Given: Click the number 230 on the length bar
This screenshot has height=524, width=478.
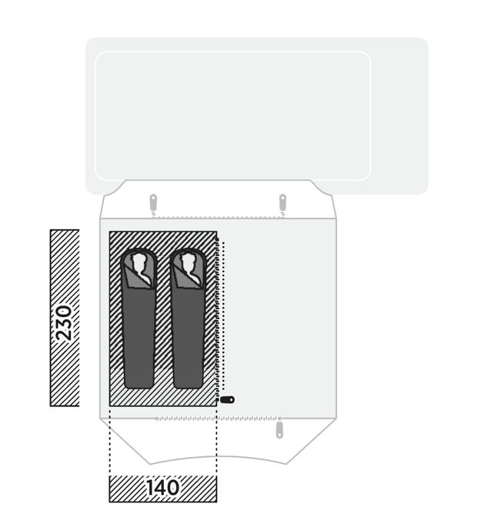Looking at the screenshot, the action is click(x=64, y=323).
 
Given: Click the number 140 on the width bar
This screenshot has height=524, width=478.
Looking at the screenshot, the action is click(x=162, y=488).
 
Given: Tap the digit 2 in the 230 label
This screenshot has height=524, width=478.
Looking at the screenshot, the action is click(x=64, y=335).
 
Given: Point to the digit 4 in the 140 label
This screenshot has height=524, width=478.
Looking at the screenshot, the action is click(x=161, y=488).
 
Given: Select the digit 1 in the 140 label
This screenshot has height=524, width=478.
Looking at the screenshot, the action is click(x=149, y=488).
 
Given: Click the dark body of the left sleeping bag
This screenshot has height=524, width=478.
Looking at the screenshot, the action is click(x=139, y=334).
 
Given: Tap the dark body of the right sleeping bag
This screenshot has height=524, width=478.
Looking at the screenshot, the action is click(x=188, y=334).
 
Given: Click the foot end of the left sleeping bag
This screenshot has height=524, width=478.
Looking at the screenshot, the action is click(x=139, y=384).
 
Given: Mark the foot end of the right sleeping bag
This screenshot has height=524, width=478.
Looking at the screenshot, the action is click(x=188, y=384).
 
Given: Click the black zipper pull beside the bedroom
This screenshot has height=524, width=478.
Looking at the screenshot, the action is click(x=227, y=399).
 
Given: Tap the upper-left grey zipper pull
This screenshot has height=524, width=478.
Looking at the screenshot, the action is click(x=153, y=203).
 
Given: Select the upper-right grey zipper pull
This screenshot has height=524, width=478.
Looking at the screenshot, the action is click(x=282, y=203).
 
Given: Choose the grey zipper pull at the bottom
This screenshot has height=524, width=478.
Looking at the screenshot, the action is click(x=279, y=430).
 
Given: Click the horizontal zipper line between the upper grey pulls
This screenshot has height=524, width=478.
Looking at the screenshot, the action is click(x=218, y=218).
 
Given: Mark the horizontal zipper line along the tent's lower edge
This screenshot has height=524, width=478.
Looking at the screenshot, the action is click(x=218, y=419).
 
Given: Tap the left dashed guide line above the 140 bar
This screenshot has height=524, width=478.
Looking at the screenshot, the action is click(x=109, y=441).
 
